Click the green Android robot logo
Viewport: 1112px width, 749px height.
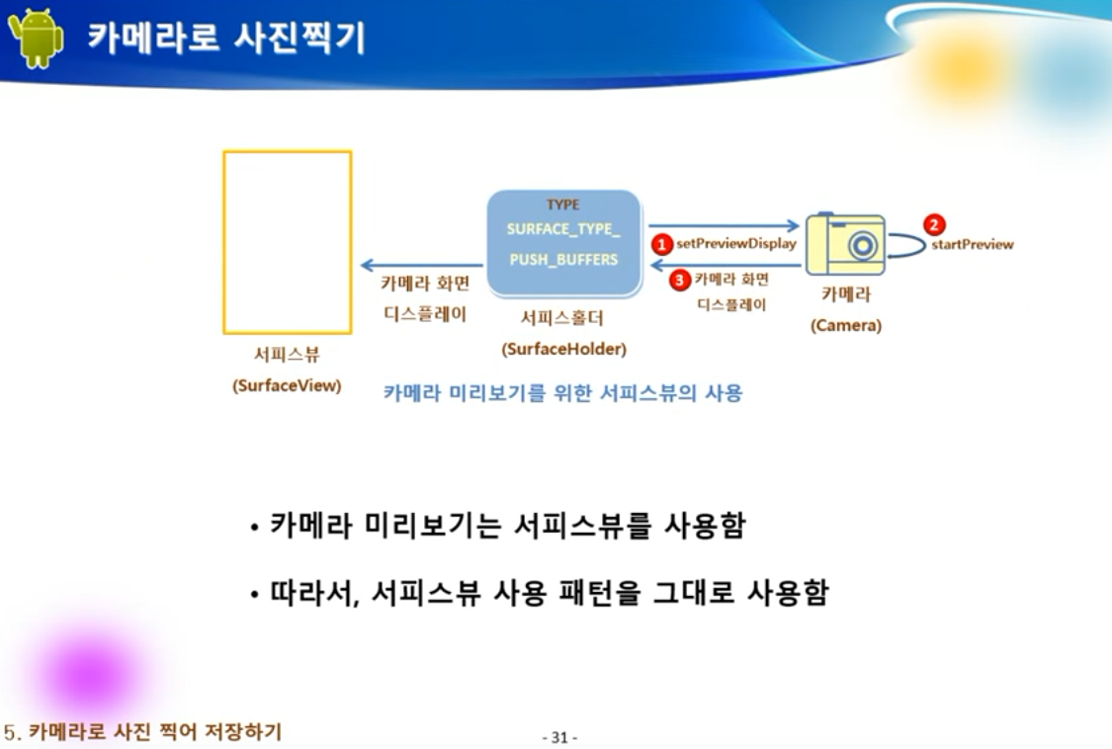click(x=36, y=38)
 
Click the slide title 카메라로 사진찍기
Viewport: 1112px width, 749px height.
click(x=226, y=38)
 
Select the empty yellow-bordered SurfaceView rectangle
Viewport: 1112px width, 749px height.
click(x=288, y=242)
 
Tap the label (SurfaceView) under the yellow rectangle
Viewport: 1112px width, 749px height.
click(x=287, y=386)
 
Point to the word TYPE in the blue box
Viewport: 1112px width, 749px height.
click(x=563, y=205)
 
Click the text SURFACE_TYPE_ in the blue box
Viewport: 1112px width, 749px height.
click(x=563, y=229)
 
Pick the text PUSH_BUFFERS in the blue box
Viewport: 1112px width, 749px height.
click(x=563, y=259)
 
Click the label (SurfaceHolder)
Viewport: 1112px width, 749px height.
click(x=563, y=349)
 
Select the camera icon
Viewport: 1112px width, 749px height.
click(x=845, y=243)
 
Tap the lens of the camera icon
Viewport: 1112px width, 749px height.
click(x=864, y=245)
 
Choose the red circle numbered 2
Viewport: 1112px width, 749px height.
click(x=934, y=224)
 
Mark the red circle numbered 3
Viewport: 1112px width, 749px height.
click(x=679, y=281)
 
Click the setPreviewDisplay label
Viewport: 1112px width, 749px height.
click(x=736, y=244)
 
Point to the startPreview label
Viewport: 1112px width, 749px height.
click(x=973, y=245)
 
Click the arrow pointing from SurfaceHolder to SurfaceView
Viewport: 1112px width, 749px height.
click(x=421, y=265)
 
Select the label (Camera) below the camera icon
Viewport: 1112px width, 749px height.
click(x=845, y=325)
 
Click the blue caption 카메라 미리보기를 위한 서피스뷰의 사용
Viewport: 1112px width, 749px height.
click(x=562, y=392)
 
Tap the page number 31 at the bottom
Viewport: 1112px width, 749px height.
click(x=559, y=737)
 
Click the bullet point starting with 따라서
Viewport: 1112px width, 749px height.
click(x=540, y=593)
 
